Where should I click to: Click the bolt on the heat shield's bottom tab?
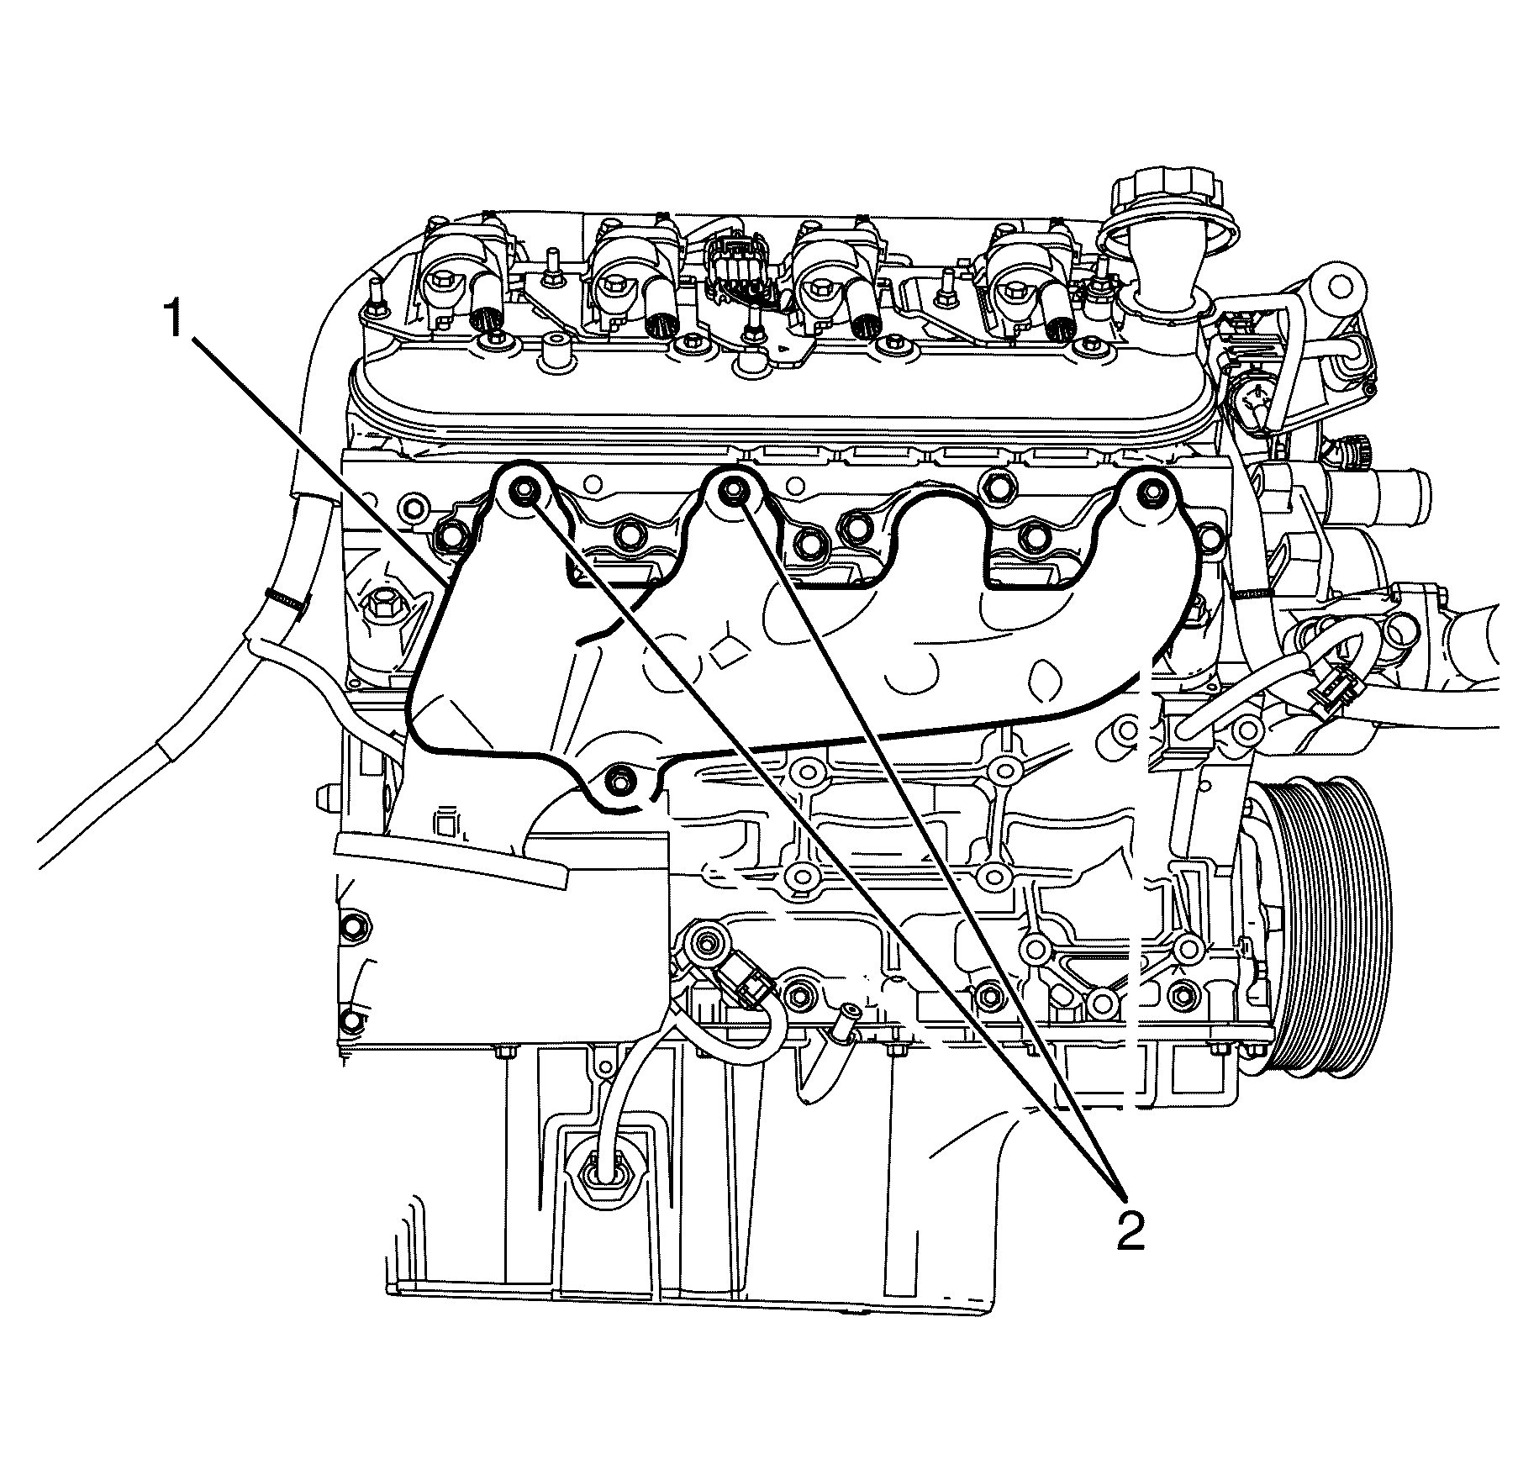(x=619, y=775)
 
